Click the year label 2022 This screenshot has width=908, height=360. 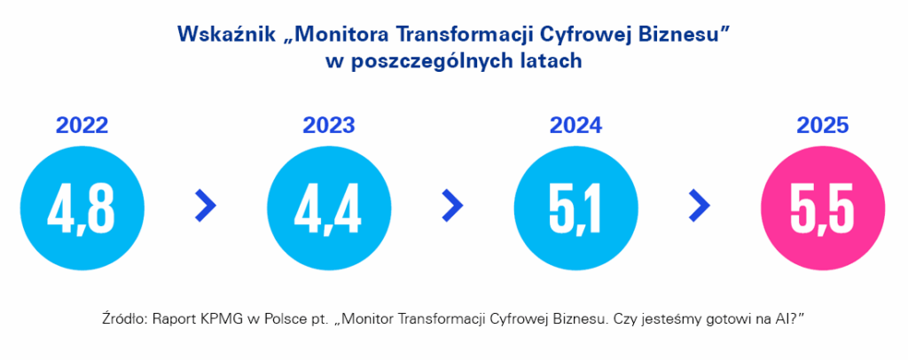(82, 126)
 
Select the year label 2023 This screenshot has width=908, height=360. (329, 126)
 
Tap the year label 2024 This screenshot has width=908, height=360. (576, 126)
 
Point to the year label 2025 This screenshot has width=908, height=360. (823, 126)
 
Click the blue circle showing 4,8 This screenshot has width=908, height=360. (82, 207)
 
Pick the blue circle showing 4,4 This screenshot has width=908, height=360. (329, 207)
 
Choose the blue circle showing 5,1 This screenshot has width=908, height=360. (576, 207)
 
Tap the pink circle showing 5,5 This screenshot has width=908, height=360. (823, 207)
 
